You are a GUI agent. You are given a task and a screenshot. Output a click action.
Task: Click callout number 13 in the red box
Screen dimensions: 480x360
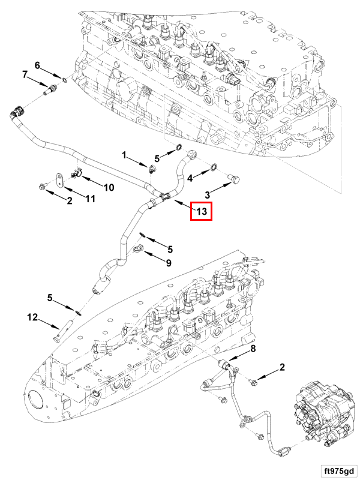coord(201,211)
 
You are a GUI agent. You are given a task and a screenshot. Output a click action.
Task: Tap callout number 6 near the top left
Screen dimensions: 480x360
coord(37,65)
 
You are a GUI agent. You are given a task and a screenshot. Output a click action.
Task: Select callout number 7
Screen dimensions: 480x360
coord(25,74)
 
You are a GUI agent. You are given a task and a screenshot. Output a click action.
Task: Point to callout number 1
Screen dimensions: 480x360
coord(125,155)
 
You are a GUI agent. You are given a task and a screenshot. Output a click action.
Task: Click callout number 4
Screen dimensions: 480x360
coord(190,178)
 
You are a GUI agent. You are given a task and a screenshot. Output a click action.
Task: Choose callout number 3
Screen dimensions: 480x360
coord(208,194)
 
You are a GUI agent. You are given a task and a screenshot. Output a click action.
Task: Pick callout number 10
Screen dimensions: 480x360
coord(109,187)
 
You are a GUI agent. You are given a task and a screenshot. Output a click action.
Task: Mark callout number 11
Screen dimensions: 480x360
coord(90,198)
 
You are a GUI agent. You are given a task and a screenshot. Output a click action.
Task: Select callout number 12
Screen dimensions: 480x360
coord(32,316)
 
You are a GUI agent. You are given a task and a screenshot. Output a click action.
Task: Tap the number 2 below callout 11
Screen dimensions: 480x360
coord(69,201)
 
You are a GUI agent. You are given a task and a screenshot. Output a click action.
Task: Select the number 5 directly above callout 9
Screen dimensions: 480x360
coord(170,248)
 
